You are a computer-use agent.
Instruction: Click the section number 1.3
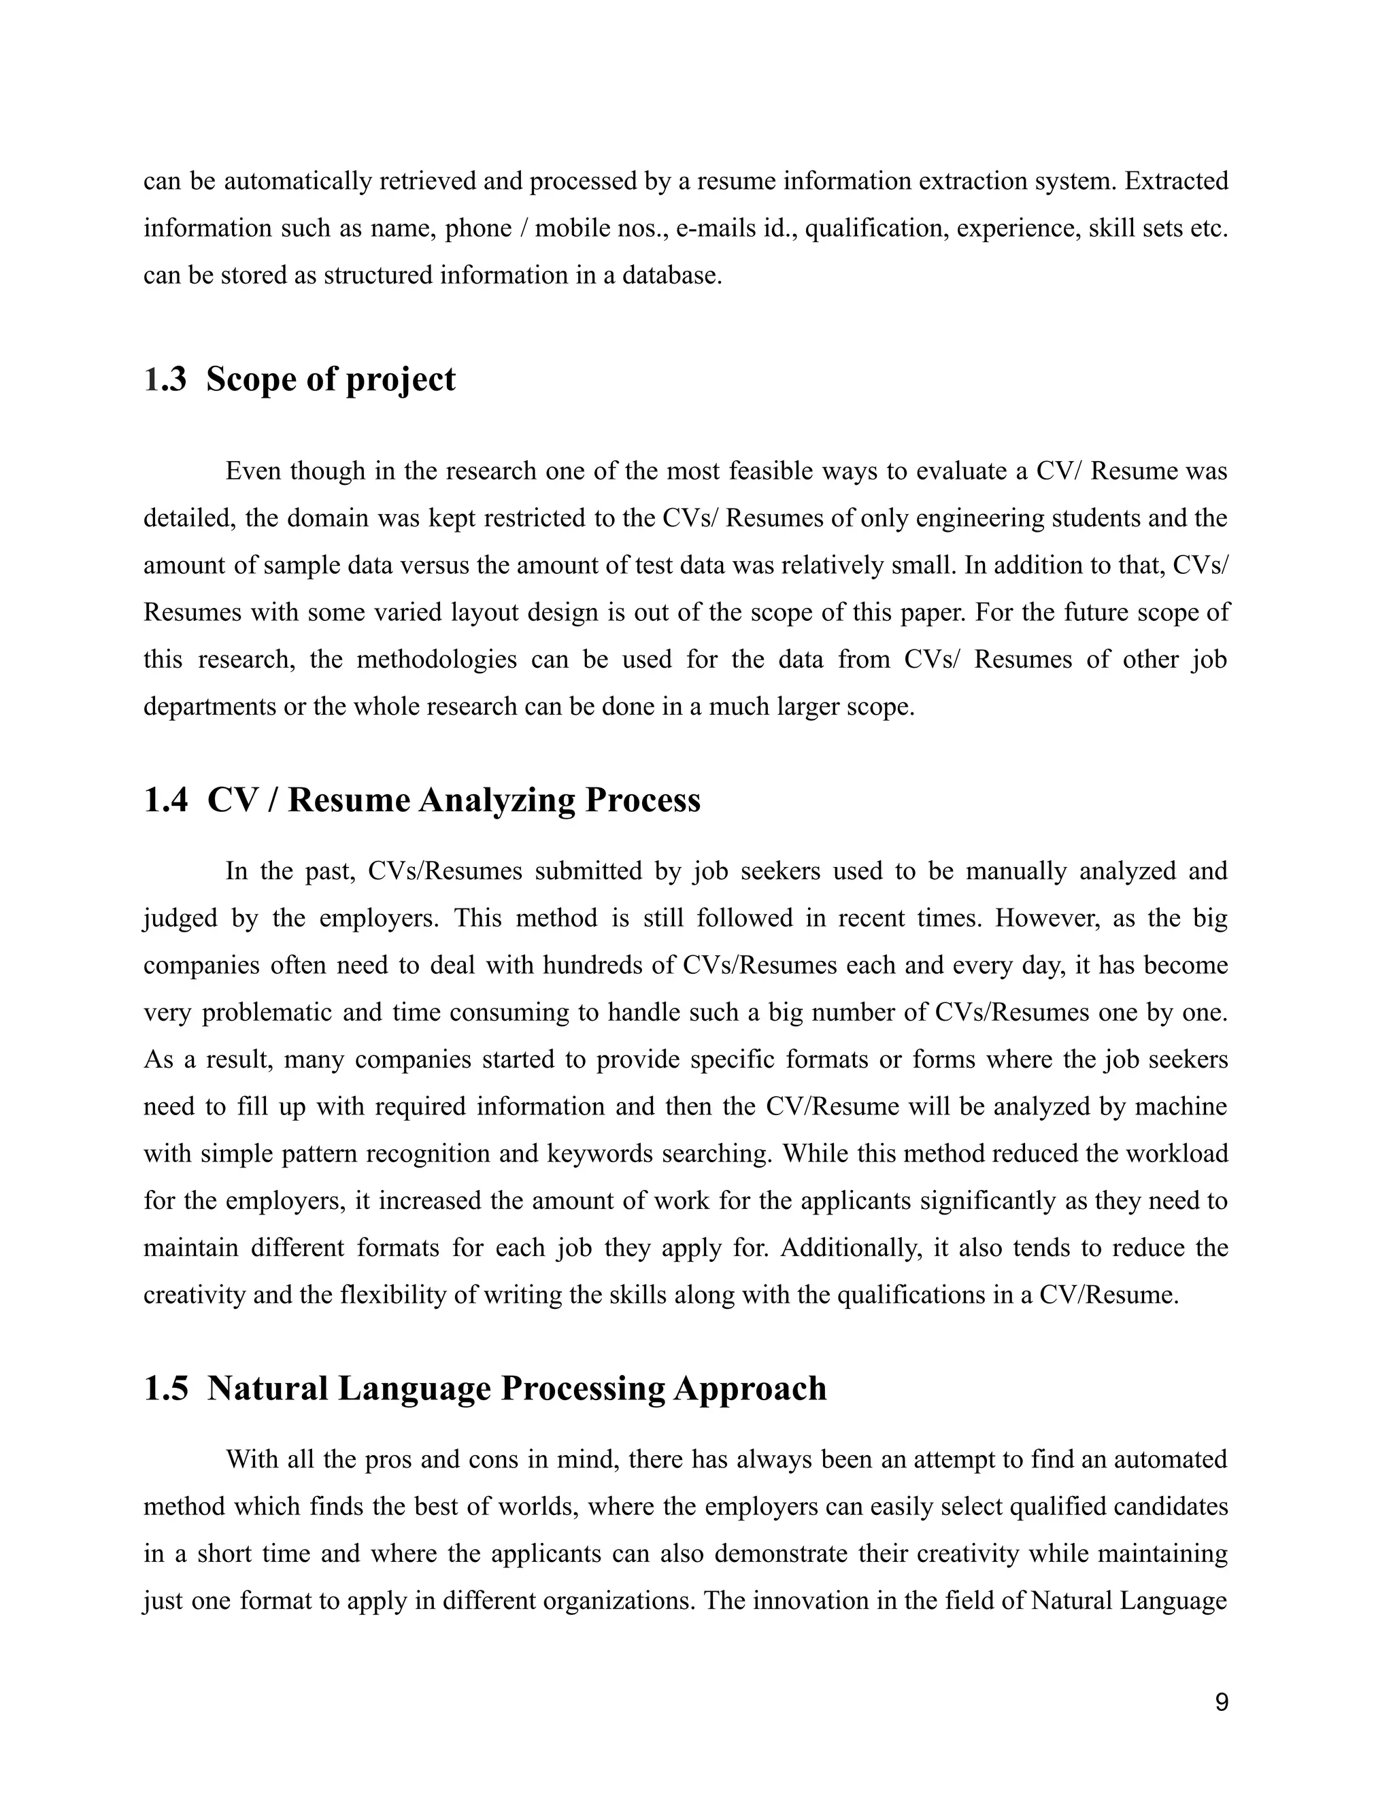coord(165,379)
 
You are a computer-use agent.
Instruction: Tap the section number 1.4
coord(165,800)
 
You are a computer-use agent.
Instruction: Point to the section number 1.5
coord(165,1388)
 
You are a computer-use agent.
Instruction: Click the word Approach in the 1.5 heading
coord(750,1388)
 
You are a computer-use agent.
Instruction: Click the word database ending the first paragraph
coord(671,275)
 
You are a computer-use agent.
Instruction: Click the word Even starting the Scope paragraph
coord(252,472)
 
